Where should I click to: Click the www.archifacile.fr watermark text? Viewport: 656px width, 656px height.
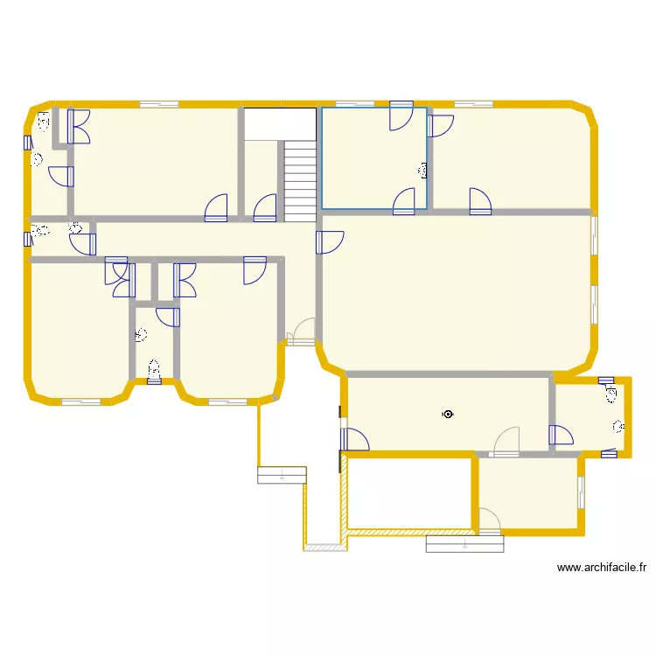(602, 568)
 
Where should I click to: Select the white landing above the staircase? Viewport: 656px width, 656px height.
(279, 123)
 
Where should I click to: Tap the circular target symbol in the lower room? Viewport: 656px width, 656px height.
(448, 415)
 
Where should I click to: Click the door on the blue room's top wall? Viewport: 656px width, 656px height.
(401, 116)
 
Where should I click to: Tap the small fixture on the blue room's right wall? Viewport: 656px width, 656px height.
(425, 171)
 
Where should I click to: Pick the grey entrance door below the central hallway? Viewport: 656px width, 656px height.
(302, 331)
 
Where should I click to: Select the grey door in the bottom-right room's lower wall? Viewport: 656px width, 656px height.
(488, 524)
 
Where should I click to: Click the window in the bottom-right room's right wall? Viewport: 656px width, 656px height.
(581, 492)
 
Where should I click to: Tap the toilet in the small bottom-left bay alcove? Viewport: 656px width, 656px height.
(154, 371)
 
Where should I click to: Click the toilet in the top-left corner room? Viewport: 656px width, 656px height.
(43, 122)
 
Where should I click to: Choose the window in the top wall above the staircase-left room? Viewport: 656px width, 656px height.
(159, 104)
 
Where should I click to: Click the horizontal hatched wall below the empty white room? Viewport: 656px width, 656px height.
(411, 530)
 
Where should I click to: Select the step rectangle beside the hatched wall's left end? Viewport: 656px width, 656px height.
(282, 475)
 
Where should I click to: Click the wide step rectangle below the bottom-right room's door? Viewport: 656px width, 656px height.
(464, 543)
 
